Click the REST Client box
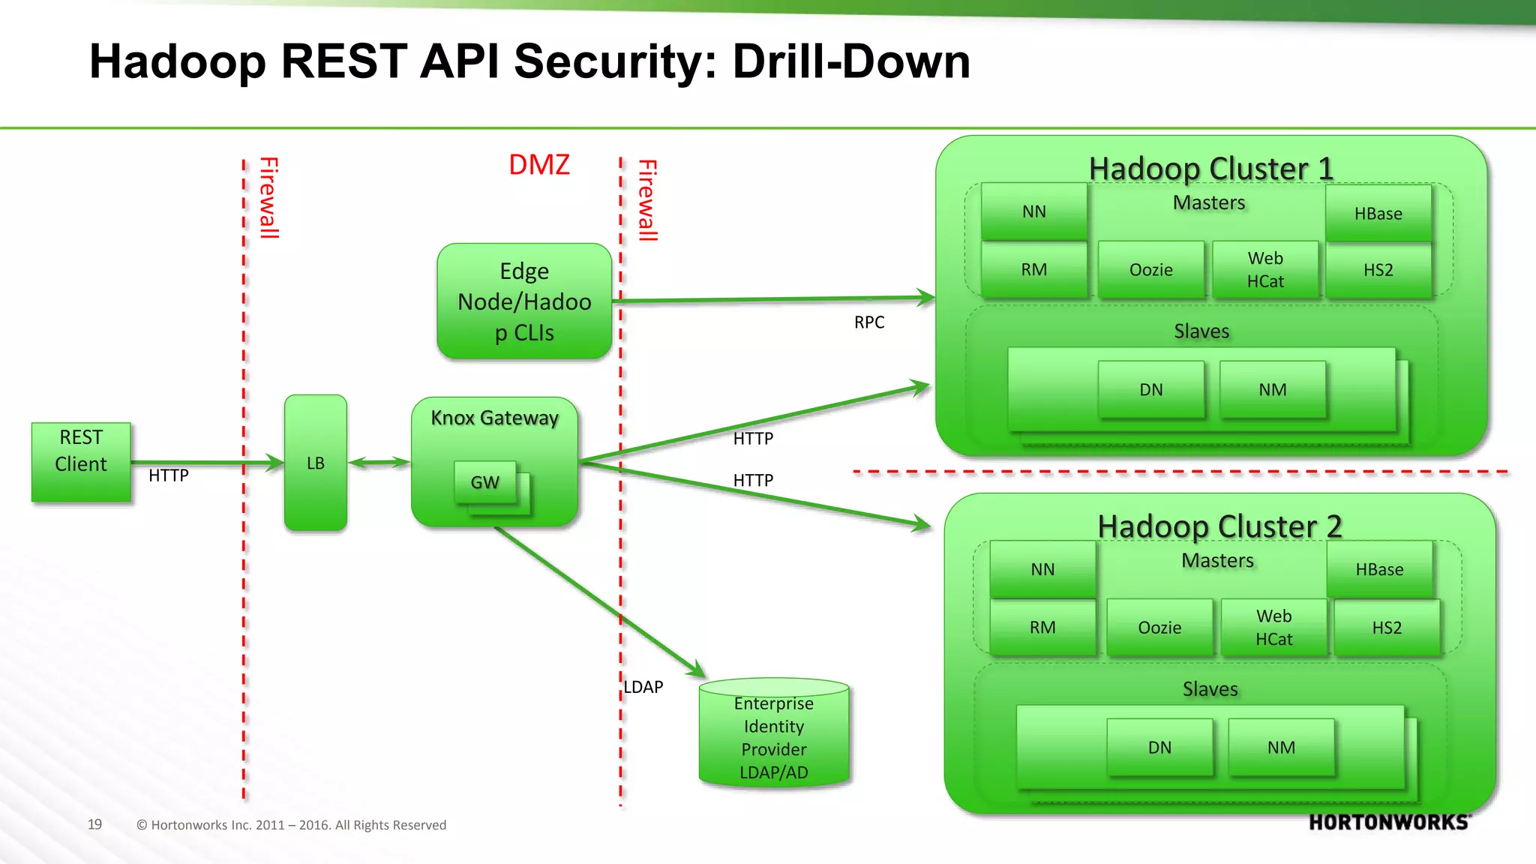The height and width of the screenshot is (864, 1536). tap(81, 461)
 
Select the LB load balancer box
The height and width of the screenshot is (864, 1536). tap(315, 463)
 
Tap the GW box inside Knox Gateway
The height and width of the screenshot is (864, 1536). tap(484, 482)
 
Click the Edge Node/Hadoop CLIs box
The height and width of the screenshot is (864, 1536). tap(524, 301)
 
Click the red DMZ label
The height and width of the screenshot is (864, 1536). tap(538, 165)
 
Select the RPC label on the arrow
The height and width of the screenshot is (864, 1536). tap(869, 322)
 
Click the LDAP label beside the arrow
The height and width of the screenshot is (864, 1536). tap(643, 687)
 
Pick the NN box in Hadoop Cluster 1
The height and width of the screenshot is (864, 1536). tap(1033, 211)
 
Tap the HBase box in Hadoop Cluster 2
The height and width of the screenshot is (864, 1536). tap(1379, 569)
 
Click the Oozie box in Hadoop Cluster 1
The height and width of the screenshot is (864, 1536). tap(1150, 270)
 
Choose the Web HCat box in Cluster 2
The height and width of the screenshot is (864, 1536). tap(1273, 627)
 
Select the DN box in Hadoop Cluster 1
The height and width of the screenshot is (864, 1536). tap(1150, 390)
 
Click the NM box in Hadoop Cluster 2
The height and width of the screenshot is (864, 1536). tap(1281, 748)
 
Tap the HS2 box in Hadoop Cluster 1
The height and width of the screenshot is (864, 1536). tap(1378, 270)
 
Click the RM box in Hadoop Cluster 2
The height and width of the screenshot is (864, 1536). tap(1042, 627)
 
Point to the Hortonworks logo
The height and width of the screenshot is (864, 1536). tap(1389, 823)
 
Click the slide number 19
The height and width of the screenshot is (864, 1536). tap(94, 824)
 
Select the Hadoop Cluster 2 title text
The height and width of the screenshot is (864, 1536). tap(1219, 526)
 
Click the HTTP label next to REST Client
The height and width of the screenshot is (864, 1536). tap(169, 475)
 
